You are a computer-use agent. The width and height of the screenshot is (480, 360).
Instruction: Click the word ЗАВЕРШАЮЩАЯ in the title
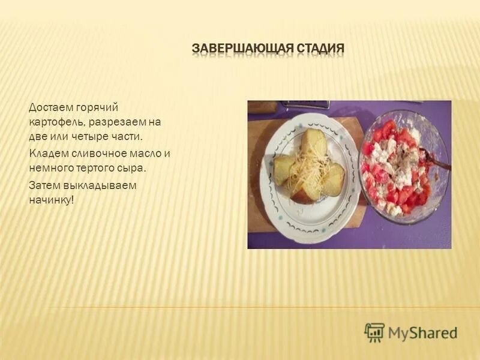(x=235, y=47)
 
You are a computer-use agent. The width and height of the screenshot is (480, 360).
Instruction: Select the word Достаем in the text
(x=50, y=107)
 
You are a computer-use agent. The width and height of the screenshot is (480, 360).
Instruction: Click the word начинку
(x=51, y=200)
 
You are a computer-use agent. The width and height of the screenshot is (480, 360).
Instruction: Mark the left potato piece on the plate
(x=284, y=169)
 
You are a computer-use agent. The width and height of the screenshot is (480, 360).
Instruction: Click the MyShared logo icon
(x=374, y=332)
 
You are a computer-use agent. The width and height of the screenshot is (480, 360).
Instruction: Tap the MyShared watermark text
(x=422, y=333)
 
